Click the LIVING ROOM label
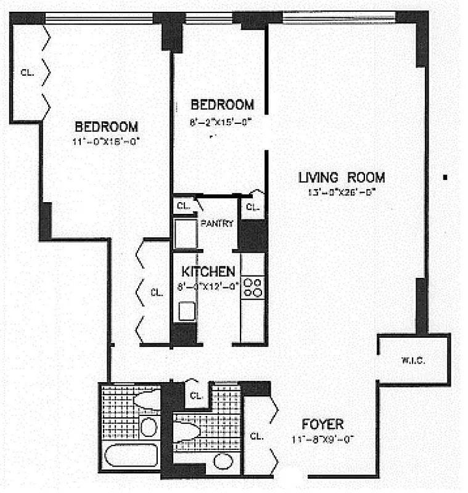(341, 178)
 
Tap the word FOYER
(322, 424)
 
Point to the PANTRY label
(217, 224)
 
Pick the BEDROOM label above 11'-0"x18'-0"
(105, 127)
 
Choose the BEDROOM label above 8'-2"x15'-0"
(222, 104)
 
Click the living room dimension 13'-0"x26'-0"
(342, 192)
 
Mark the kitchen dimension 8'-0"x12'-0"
(208, 285)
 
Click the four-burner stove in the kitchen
(252, 288)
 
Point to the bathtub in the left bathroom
(131, 457)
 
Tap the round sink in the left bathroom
(148, 426)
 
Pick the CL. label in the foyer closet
(257, 436)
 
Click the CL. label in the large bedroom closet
(27, 72)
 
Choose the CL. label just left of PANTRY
(183, 206)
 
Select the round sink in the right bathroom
(223, 461)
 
